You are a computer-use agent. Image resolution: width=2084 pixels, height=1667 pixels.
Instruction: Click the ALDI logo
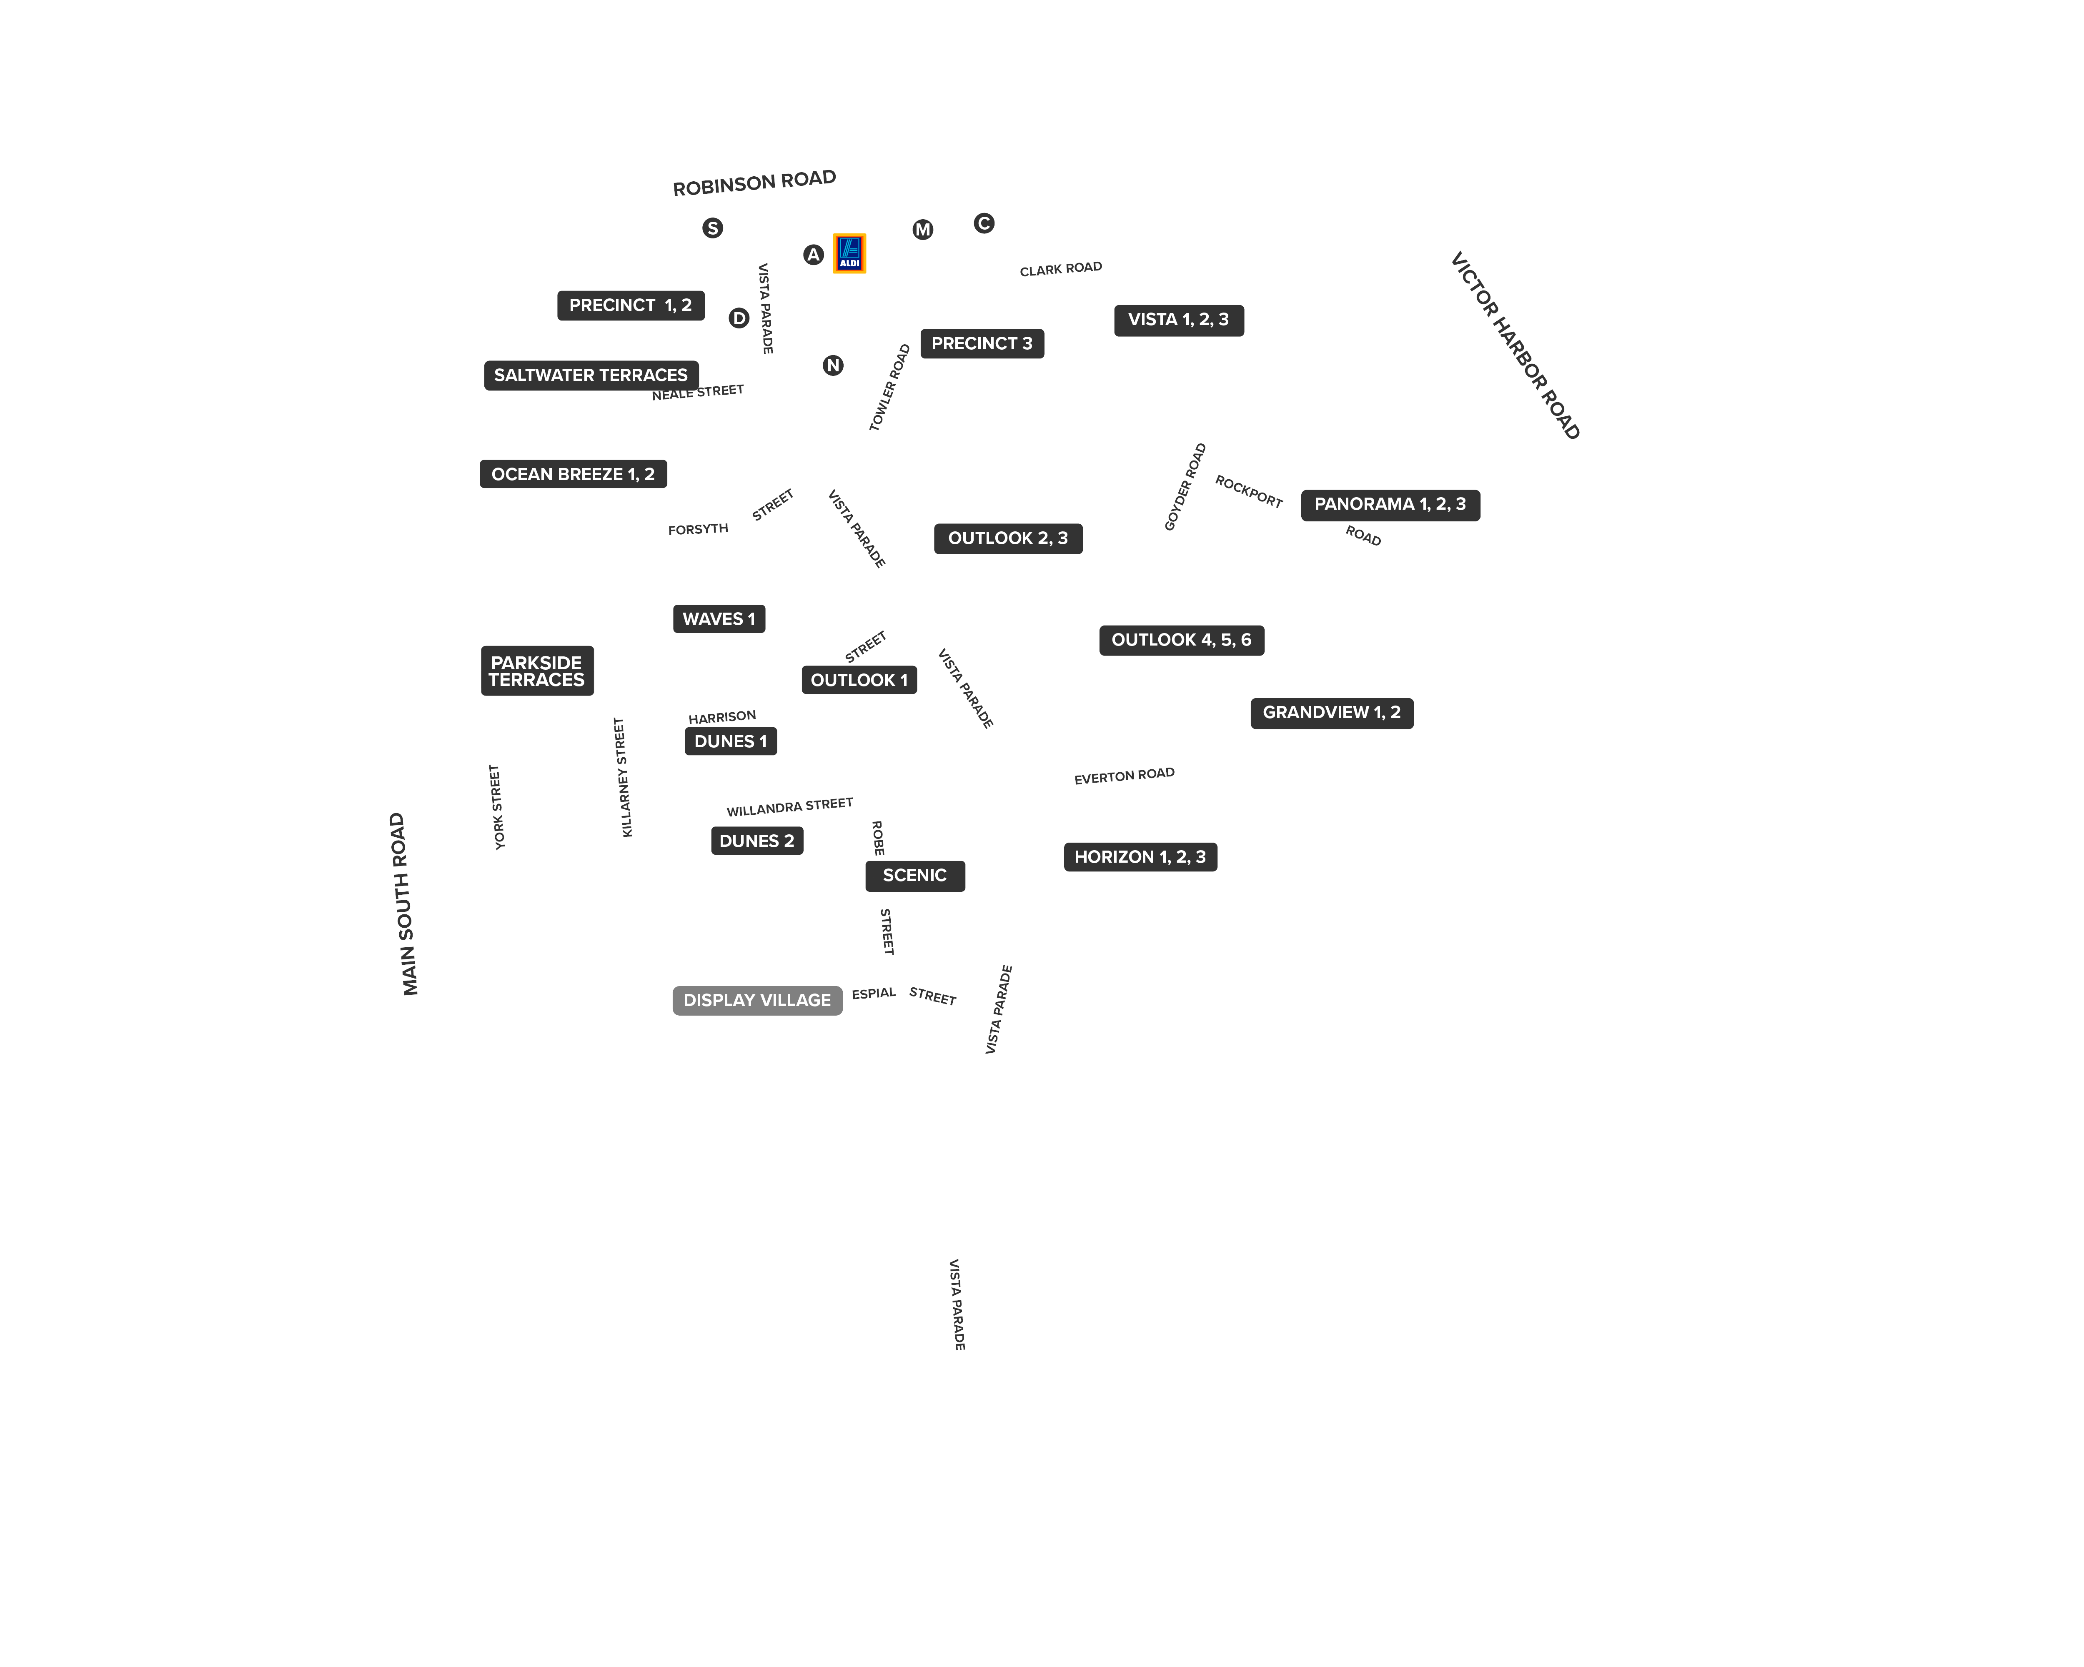tap(849, 253)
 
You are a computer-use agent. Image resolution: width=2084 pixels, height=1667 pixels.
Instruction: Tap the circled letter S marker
tap(712, 228)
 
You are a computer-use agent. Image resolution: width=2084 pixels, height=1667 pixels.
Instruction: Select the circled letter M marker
tap(922, 229)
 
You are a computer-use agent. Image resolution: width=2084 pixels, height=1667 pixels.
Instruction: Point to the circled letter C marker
tap(983, 223)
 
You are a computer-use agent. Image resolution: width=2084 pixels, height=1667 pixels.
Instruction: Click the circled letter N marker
tap(832, 365)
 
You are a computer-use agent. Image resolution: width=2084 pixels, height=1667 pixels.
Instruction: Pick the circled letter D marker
tap(739, 318)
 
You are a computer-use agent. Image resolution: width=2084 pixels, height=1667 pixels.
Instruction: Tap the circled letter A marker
tap(813, 254)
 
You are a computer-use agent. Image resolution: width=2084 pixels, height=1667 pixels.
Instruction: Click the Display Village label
tap(757, 1000)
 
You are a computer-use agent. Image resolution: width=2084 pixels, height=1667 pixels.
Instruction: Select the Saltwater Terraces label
tap(591, 375)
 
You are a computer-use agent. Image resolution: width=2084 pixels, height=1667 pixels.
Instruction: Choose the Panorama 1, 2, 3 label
tap(1390, 504)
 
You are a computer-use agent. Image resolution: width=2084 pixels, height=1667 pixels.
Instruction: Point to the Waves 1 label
tap(718, 618)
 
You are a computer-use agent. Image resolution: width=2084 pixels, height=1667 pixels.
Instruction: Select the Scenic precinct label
tap(914, 876)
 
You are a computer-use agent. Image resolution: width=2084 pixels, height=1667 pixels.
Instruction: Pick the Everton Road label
tap(1124, 776)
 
